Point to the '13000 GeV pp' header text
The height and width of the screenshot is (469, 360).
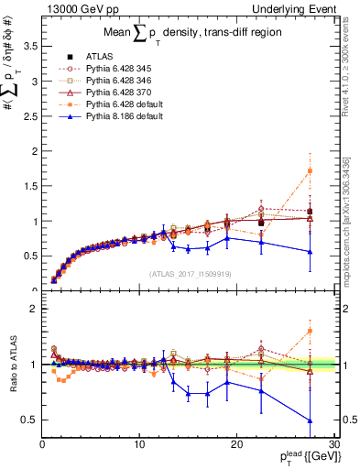pyautogui.click(x=70, y=8)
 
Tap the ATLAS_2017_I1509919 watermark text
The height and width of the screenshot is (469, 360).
pyautogui.click(x=189, y=274)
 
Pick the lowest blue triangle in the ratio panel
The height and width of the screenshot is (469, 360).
pyautogui.click(x=310, y=420)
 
